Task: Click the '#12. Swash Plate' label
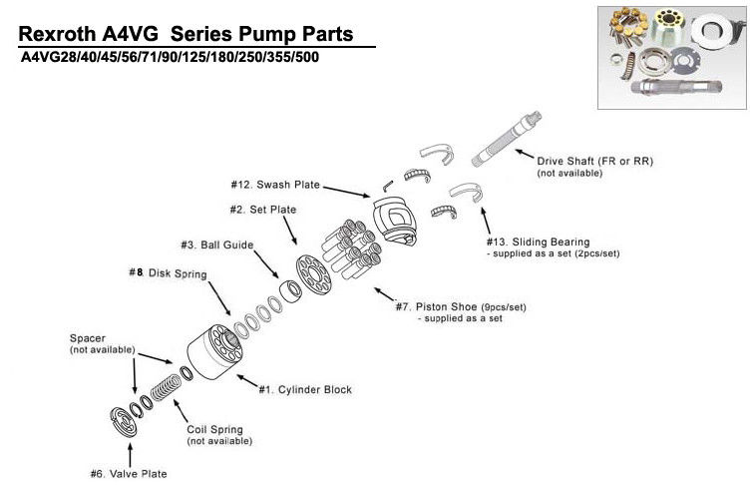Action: (273, 185)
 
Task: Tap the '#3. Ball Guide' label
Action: (217, 244)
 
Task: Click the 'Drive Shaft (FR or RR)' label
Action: (594, 161)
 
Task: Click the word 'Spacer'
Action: (87, 338)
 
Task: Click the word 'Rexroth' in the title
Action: (60, 35)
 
